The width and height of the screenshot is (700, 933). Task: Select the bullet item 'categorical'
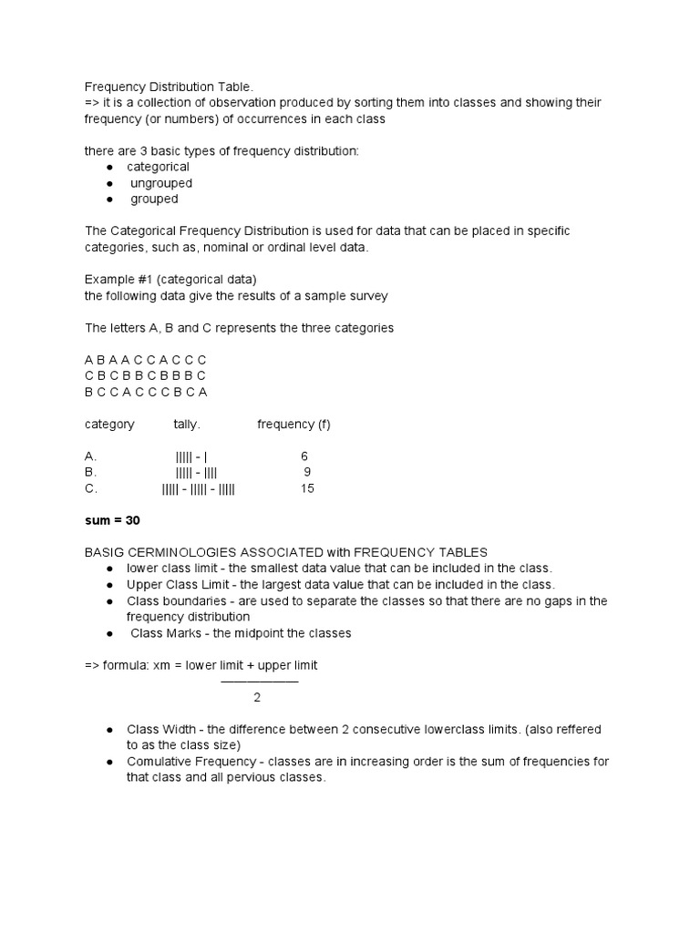158,167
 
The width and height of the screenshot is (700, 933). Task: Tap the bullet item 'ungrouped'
161,183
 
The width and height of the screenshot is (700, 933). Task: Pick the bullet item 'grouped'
154,199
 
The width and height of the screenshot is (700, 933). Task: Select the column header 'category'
109,424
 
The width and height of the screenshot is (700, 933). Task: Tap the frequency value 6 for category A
304,456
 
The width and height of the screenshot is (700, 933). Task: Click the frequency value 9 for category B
307,472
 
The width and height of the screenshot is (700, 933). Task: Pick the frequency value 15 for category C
307,488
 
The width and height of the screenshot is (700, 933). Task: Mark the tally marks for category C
198,488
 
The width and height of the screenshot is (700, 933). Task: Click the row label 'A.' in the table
90,456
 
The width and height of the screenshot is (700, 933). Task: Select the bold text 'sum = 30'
112,520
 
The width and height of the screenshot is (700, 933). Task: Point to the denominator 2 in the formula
257,698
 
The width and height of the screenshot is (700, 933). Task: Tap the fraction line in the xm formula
259,682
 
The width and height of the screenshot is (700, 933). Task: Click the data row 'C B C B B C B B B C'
145,375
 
